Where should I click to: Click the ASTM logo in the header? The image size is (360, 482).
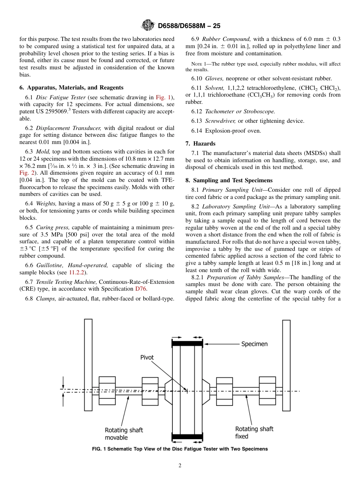148,25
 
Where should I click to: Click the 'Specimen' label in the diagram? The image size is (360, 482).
254,344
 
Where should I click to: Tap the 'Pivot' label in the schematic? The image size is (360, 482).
147,357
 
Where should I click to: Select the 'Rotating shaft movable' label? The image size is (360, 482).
124,434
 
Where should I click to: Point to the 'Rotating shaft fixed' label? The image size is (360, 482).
254,432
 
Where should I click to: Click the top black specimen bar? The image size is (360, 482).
187,344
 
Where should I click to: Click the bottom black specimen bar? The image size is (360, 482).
187,437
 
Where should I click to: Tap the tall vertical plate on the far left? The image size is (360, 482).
88,365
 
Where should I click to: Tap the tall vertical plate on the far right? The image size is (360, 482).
286,365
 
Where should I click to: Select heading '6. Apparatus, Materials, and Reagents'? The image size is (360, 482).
71,88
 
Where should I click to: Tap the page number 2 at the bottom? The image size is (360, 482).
180,466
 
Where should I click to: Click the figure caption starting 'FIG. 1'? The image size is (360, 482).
180,449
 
